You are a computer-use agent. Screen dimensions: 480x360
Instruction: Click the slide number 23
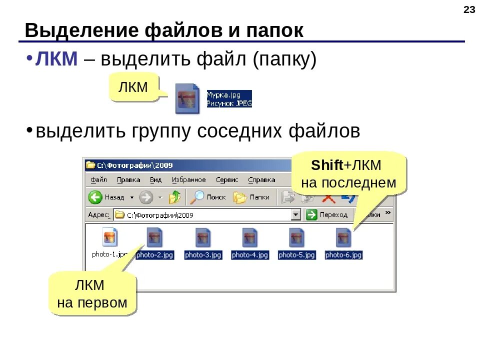[x=469, y=10]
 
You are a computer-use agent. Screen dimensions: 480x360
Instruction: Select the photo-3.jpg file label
[x=203, y=255]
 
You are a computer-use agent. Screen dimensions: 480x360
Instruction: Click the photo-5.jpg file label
[x=297, y=255]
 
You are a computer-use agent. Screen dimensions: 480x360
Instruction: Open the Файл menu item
[x=98, y=180]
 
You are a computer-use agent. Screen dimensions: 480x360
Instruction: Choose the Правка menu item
[x=128, y=180]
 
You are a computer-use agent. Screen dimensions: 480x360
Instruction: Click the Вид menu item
[x=155, y=180]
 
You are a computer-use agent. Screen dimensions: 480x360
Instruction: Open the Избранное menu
[x=188, y=180]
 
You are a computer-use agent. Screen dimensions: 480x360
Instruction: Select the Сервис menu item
[x=227, y=180]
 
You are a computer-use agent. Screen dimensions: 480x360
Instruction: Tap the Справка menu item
[x=261, y=180]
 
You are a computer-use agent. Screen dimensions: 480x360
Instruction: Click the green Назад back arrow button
[x=95, y=197]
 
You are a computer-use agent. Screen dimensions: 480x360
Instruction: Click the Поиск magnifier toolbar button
[x=198, y=197]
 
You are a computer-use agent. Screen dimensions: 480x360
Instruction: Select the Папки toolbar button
[x=241, y=197]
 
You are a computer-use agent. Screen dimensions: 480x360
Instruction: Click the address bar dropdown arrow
[x=296, y=215]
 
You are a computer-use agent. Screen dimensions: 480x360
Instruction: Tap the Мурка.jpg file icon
[x=187, y=98]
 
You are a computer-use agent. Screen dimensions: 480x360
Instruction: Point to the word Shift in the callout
[x=326, y=165]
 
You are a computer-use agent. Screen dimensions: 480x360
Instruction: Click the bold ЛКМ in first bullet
[x=56, y=60]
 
